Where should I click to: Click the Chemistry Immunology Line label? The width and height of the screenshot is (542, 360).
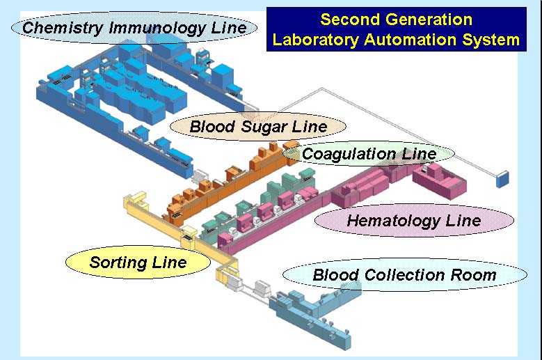pos(134,28)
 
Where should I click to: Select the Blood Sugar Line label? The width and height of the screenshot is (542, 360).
pos(258,127)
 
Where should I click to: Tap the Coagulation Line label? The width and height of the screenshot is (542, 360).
pos(369,153)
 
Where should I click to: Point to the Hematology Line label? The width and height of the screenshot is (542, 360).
pos(414,221)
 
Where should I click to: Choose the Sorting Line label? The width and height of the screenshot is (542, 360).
pos(138,263)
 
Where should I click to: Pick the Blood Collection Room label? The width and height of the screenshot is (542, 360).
pos(404,274)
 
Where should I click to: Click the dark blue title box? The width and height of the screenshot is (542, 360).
pos(396,29)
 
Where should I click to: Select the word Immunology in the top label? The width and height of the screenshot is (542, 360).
pos(149,28)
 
